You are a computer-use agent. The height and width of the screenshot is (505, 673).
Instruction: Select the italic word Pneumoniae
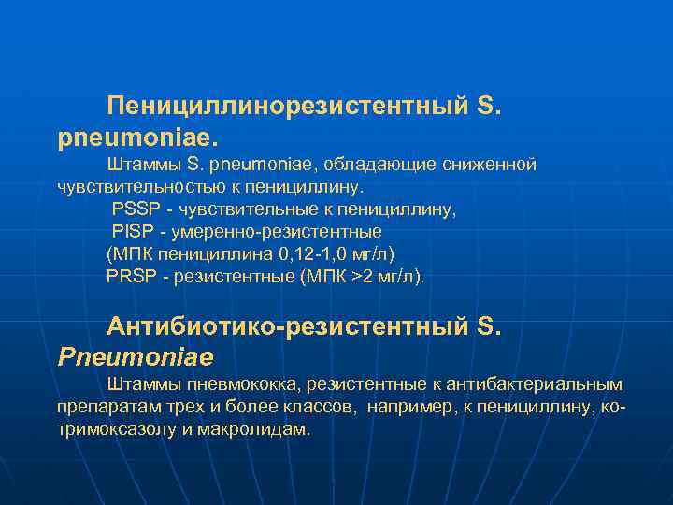tap(136, 356)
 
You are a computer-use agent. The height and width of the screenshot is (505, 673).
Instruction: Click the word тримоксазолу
tap(117, 429)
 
